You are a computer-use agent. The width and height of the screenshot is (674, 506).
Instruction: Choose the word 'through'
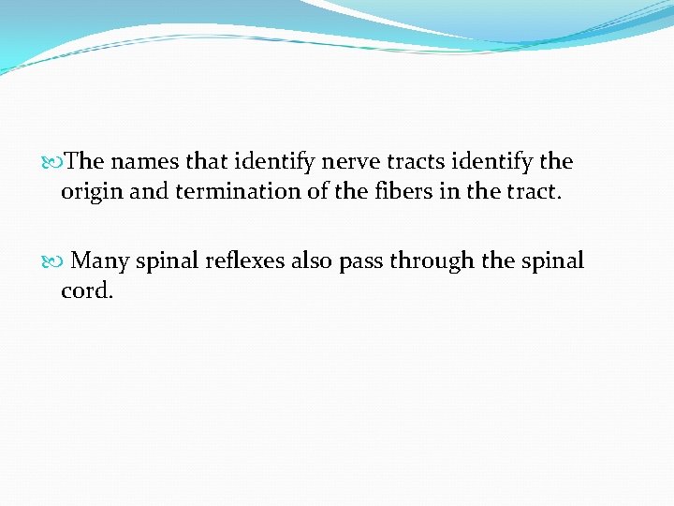click(432, 260)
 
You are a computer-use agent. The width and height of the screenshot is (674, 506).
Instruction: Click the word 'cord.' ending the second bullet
click(86, 291)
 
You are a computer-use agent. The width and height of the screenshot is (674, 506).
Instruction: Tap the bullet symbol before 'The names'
click(61, 162)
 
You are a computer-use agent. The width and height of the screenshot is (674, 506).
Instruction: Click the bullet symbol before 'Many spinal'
click(61, 260)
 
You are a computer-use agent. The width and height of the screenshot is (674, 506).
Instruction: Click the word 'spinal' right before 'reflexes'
click(168, 260)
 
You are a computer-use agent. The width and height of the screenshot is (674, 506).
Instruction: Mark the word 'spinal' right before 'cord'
click(552, 260)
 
